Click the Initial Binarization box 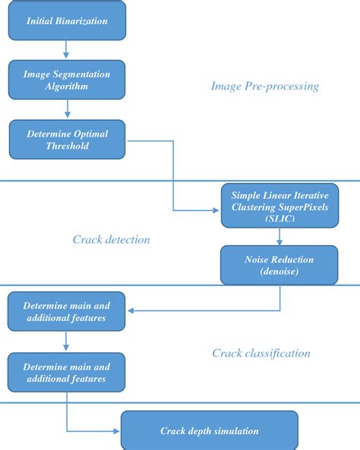coord(66,21)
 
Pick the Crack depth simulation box coord(209,431)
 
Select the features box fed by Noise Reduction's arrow coord(66,312)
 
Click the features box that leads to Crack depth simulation coord(66,372)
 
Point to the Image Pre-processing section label coord(264,87)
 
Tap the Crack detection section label coord(111,240)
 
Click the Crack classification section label coord(261,353)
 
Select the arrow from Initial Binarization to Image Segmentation coord(66,49)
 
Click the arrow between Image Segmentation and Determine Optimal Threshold coord(66,109)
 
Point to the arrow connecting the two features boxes coord(66,342)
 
